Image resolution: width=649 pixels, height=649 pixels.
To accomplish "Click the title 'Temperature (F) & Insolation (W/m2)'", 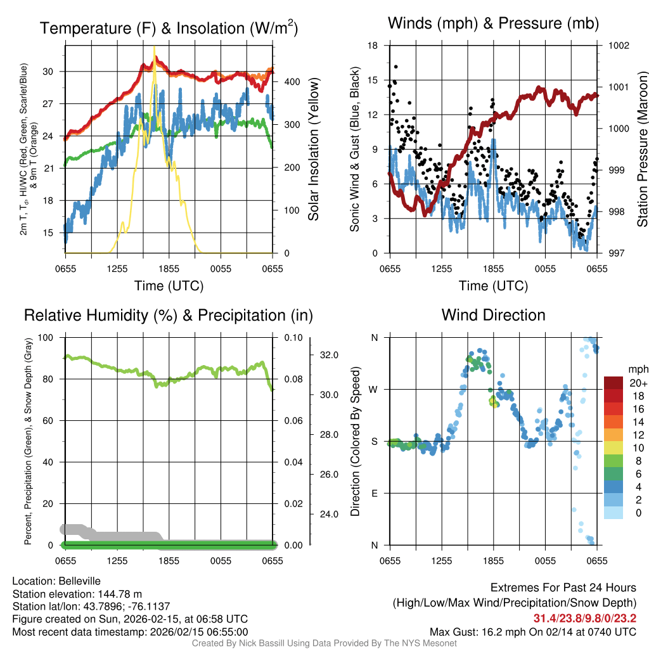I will point(169,29).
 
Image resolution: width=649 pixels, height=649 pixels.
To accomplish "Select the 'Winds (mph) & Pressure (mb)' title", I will point(493,23).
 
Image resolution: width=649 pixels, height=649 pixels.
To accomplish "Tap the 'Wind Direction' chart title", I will point(493,315).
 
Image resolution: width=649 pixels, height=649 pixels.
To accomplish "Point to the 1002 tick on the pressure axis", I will point(617,46).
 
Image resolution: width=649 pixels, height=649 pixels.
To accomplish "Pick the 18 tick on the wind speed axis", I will point(373,46).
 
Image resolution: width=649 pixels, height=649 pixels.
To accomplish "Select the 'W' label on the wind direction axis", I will point(374,389).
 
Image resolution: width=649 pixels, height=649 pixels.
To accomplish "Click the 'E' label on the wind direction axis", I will point(374,493).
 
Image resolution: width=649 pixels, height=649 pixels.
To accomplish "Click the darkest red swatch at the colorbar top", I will point(614,383).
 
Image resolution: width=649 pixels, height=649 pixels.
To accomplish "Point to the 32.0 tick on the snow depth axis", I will point(329,355).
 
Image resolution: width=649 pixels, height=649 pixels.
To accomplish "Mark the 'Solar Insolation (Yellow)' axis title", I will point(314,150).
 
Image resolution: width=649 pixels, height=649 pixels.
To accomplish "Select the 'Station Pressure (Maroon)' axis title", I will point(642,150).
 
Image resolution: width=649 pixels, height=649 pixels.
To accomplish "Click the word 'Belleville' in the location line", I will point(77,581).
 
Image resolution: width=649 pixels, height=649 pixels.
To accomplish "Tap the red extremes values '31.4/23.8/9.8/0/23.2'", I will point(584,619).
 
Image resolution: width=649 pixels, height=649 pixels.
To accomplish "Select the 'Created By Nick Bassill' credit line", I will point(324,643).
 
